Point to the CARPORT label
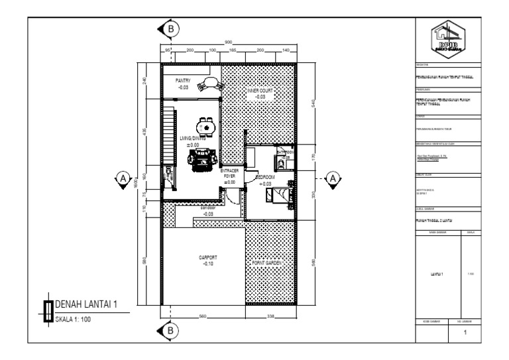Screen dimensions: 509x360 pyautogui.click(x=208, y=257)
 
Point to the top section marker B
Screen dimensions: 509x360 pyautogui.click(x=172, y=29)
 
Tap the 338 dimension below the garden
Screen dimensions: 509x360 pyautogui.click(x=271, y=316)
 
